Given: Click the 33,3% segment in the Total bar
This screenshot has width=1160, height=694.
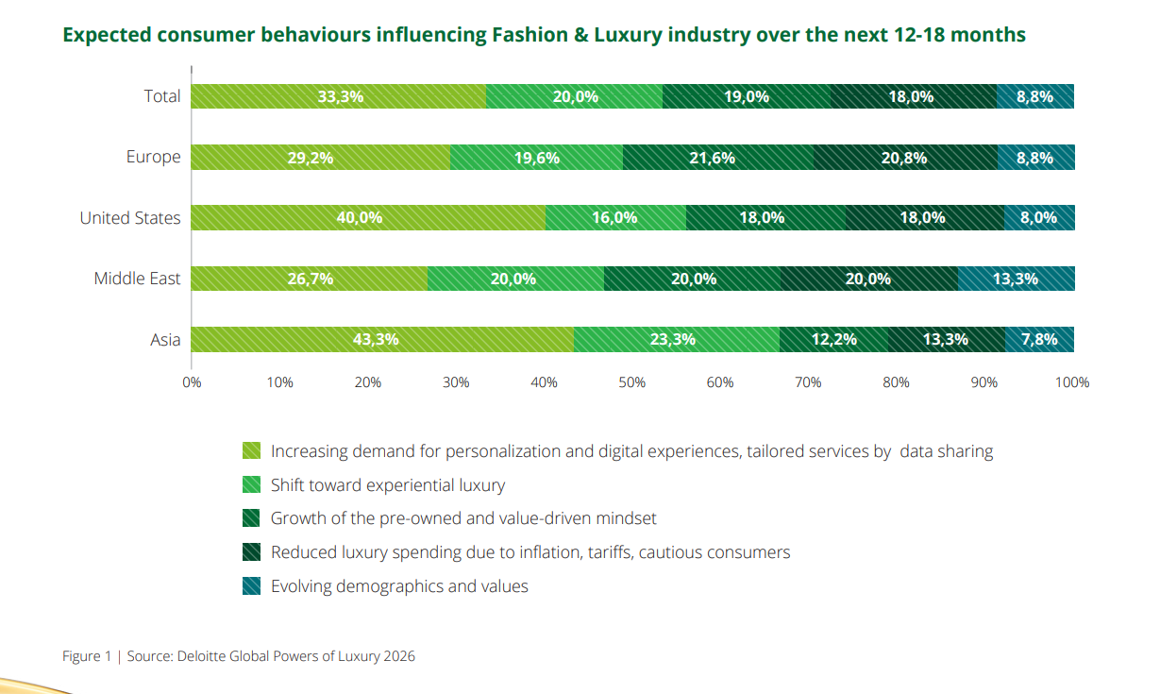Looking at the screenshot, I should [x=339, y=96].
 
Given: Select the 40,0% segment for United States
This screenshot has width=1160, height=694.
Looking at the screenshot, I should [x=368, y=217].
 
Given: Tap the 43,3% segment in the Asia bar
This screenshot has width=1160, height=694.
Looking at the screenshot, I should [x=382, y=339].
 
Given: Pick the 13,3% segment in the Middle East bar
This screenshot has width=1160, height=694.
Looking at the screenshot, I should [x=1016, y=279].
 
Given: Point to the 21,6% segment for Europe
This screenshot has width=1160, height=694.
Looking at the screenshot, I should [x=717, y=158].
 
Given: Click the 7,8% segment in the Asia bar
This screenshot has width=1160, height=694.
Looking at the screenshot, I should [x=1039, y=339].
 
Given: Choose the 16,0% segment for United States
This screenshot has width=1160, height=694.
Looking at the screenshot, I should [x=615, y=217].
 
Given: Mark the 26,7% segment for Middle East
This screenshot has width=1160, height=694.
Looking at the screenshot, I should [x=310, y=279].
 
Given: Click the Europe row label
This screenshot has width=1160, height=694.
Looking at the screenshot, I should [x=153, y=157].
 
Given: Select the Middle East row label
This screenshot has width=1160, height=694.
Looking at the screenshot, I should [x=137, y=279].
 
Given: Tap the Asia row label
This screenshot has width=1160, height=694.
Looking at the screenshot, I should [x=165, y=339].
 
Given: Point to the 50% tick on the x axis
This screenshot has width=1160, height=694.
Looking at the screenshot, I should [x=631, y=382].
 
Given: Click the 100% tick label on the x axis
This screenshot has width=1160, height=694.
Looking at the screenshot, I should [x=1072, y=382].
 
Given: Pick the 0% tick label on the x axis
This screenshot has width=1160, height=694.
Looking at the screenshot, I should [x=192, y=382].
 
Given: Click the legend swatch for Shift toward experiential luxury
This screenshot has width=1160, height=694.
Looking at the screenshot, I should [x=251, y=485].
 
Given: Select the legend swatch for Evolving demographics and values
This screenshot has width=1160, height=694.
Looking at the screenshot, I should [x=251, y=586].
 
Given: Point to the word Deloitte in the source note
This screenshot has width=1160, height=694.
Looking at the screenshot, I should [x=204, y=656].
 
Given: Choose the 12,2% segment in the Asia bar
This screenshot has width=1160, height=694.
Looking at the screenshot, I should [x=833, y=339].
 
